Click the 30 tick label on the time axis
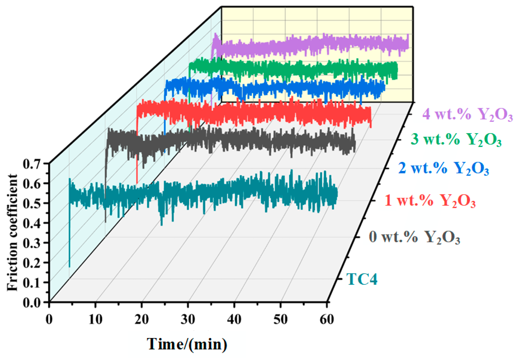point(188,320)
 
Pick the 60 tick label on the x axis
point(327,320)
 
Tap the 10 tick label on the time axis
point(95,320)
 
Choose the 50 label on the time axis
point(280,320)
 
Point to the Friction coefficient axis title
point(12,232)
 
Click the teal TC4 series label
point(362,279)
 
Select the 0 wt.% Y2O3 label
point(414,237)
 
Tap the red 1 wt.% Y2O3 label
point(430,201)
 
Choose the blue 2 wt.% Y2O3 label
point(443,168)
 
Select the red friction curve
point(254,113)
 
